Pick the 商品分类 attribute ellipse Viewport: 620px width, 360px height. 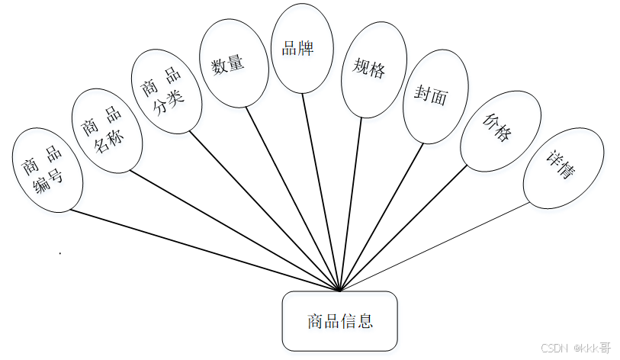(x=165, y=92)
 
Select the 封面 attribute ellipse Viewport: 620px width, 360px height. (x=431, y=96)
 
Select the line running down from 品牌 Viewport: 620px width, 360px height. (x=320, y=191)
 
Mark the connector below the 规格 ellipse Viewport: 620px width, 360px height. (x=349, y=206)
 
